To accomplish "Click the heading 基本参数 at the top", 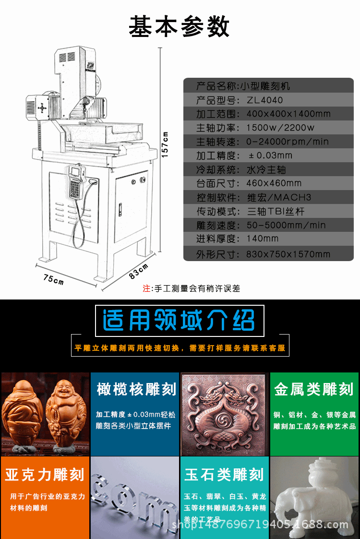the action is (179, 26).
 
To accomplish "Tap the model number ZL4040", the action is (265, 100).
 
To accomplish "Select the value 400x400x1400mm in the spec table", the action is (288, 114).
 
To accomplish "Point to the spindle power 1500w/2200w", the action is (280, 128).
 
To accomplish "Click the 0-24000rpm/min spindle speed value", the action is (288, 142).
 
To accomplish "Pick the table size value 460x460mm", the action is (274, 183).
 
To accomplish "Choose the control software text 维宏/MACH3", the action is (279, 197).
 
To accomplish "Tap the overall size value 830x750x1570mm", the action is (288, 254).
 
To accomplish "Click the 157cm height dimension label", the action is (165, 144).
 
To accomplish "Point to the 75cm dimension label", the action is (54, 279).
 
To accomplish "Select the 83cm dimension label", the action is (139, 271).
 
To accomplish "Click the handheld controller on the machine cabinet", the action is (76, 183).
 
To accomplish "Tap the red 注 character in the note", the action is (146, 288).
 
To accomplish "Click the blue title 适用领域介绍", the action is (179, 320).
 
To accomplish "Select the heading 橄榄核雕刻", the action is (136, 389).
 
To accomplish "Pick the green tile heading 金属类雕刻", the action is (314, 389).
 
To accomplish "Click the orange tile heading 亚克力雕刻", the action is (45, 475).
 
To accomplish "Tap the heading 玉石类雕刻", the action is (224, 475).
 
